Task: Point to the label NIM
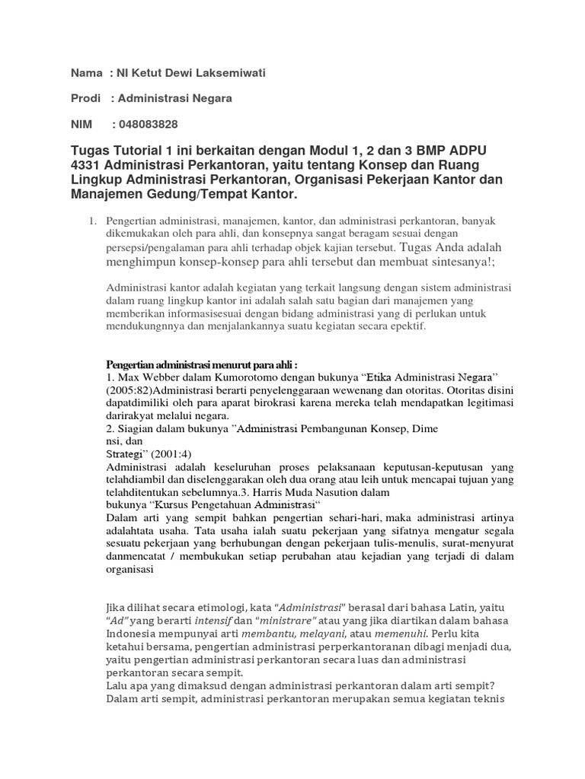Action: pos(82,124)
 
